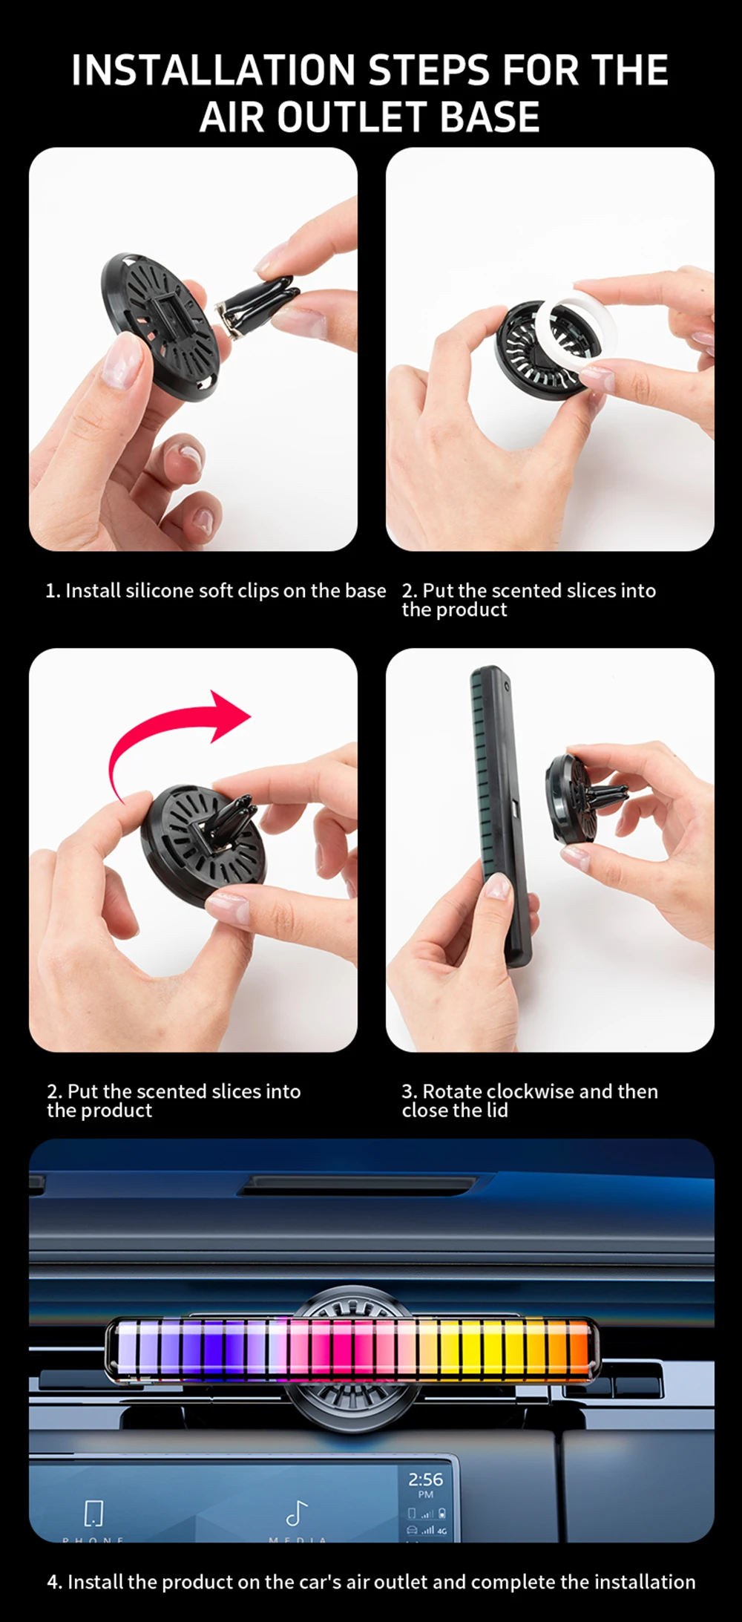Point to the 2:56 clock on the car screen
coord(425,1479)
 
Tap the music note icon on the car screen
coord(297,1513)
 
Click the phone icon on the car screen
coord(94,1513)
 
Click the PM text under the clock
coord(425,1494)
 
